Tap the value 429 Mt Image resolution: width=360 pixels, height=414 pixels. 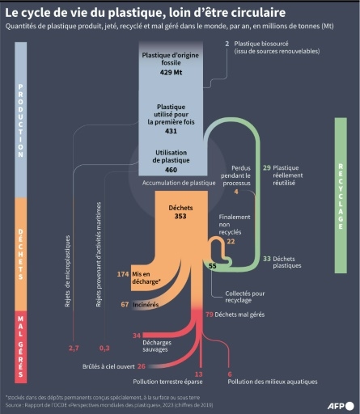(x=170, y=72)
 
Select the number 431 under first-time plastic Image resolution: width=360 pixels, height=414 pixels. (x=170, y=130)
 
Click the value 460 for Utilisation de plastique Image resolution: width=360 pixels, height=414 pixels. (x=170, y=170)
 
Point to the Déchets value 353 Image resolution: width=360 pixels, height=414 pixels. (x=170, y=217)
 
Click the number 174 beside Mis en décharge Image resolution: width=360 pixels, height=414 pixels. (x=123, y=275)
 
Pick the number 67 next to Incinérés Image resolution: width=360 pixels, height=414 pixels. (x=125, y=304)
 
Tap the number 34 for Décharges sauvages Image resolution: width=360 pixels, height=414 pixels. (x=136, y=335)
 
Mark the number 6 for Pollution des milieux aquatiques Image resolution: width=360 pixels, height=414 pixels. (x=230, y=374)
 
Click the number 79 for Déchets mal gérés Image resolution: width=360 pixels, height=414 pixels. (x=209, y=314)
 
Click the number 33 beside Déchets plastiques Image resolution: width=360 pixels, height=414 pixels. (x=267, y=258)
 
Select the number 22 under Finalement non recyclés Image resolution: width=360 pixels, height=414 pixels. (x=231, y=241)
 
